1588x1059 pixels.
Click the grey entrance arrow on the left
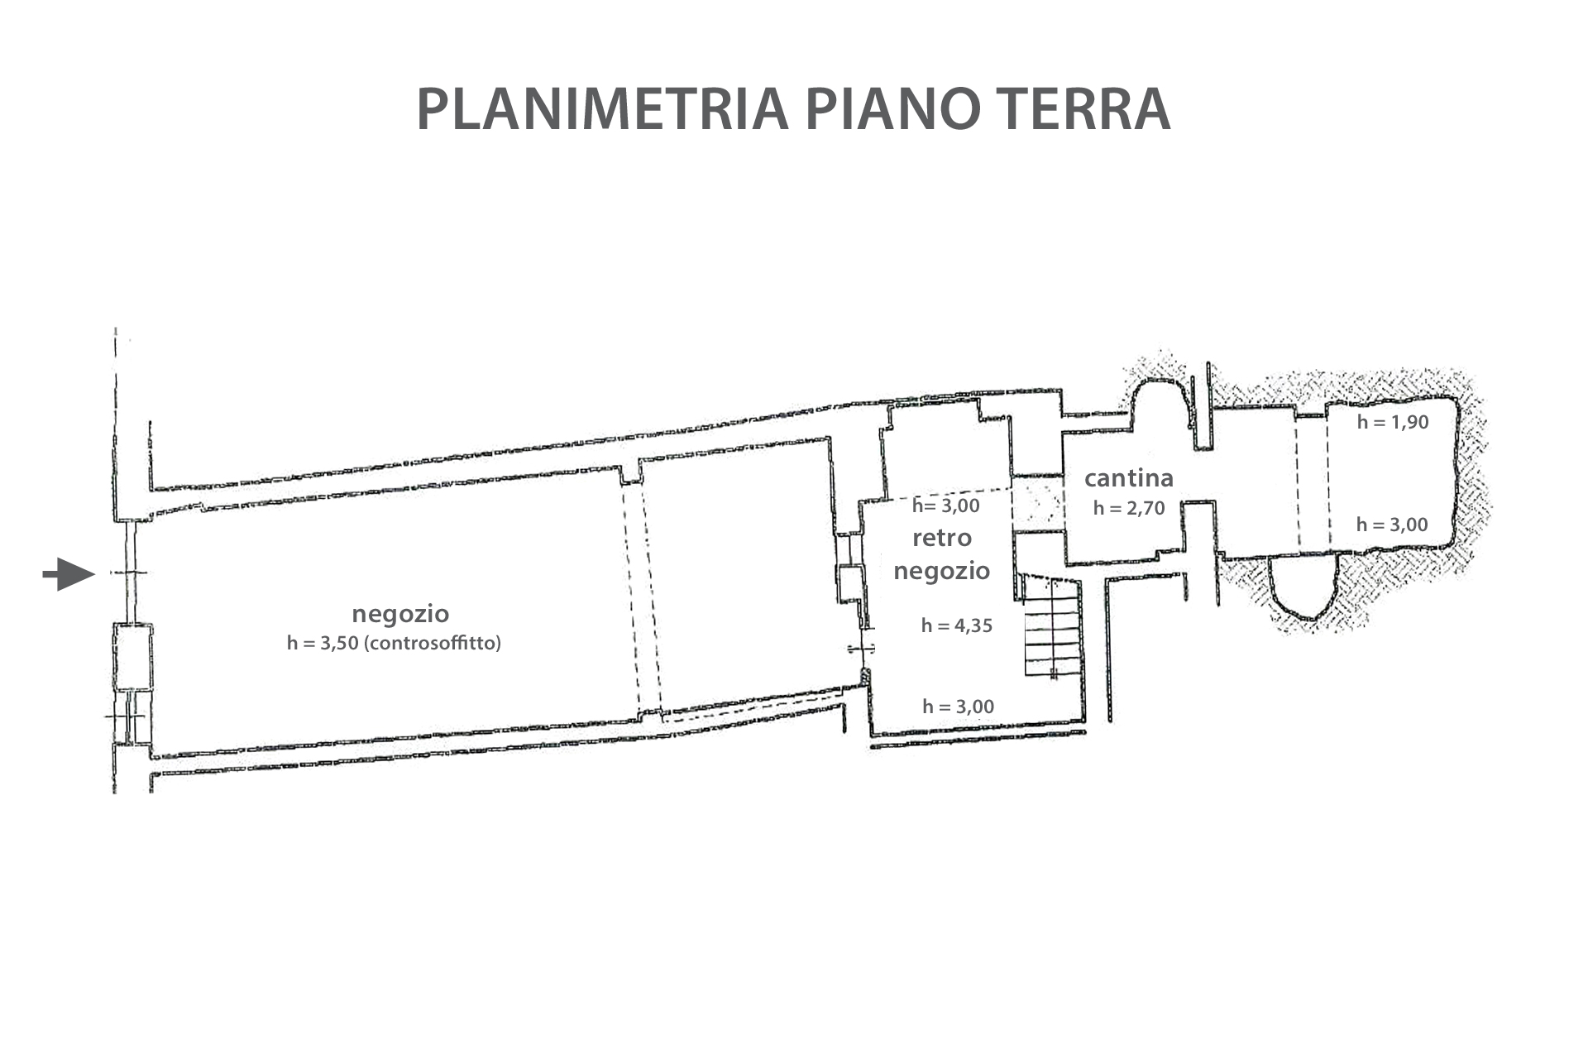[69, 573]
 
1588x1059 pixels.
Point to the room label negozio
[400, 614]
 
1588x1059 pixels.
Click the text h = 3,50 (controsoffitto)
[394, 643]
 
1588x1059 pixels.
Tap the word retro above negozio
[942, 539]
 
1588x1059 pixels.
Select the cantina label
[1129, 478]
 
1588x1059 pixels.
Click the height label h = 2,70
[1129, 508]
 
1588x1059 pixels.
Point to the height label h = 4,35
[957, 625]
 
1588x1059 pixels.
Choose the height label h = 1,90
[1393, 422]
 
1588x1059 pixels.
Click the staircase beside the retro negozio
[1052, 626]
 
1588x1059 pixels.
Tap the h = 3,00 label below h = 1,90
[1392, 525]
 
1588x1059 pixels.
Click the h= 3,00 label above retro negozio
[945, 506]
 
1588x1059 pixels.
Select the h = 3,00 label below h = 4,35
[959, 707]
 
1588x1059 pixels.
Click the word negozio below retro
[942, 571]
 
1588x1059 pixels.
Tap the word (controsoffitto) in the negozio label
[435, 643]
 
